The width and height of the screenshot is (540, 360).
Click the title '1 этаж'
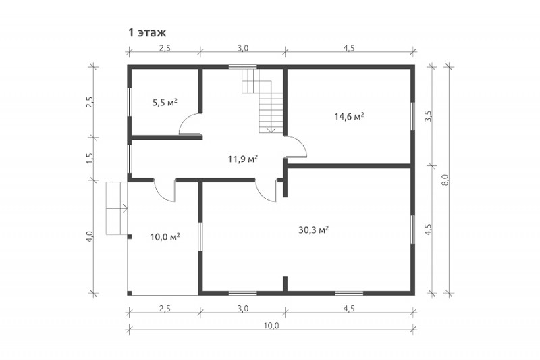(x=147, y=32)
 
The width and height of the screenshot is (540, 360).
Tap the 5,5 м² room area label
(x=165, y=102)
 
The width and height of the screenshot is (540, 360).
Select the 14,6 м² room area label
(x=349, y=116)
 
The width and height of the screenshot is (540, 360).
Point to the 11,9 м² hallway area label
(x=243, y=159)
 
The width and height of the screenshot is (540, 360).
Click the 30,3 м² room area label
(x=313, y=230)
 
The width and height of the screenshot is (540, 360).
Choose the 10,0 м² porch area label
(x=165, y=237)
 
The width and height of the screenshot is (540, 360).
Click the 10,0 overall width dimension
(x=272, y=326)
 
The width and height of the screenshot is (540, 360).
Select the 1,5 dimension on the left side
(x=90, y=158)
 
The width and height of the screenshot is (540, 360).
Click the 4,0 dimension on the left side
(x=90, y=237)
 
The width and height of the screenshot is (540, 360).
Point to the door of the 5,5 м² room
(x=190, y=125)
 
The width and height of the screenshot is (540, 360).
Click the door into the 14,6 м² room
(x=296, y=147)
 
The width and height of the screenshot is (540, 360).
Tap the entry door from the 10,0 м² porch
(x=165, y=190)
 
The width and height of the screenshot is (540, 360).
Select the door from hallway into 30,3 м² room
(x=267, y=190)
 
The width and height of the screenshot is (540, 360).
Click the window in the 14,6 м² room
(x=412, y=116)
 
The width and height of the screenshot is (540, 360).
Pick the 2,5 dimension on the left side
(x=90, y=102)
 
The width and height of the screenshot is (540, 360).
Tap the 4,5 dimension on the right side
(x=428, y=229)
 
